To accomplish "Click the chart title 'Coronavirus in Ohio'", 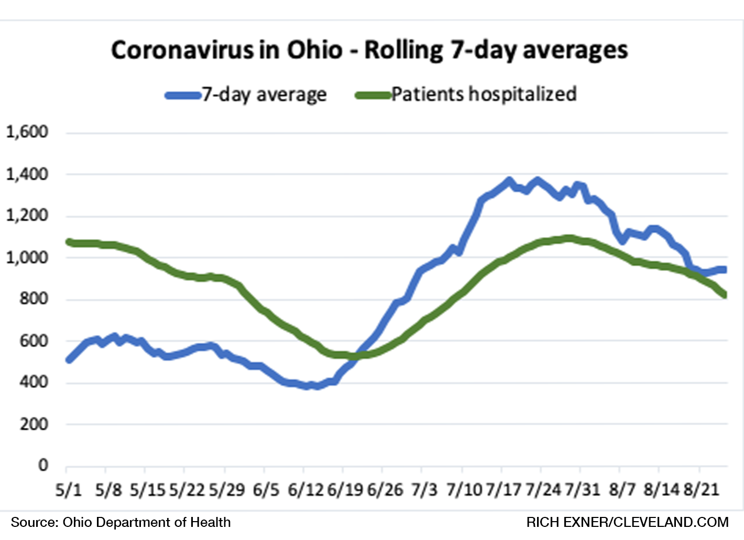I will click(226, 50).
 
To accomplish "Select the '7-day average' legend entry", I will click(264, 95).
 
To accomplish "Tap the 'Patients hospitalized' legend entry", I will click(483, 94).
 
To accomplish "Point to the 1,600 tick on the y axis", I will click(27, 132).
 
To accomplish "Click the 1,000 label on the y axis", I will click(27, 257).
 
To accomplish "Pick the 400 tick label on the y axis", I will click(34, 382).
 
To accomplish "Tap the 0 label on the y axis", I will click(43, 465).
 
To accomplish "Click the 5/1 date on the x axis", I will click(69, 490).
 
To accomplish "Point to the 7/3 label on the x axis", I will click(424, 490).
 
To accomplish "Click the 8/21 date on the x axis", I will click(701, 490).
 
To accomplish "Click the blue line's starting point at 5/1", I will click(69, 360).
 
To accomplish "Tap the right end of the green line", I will click(725, 295).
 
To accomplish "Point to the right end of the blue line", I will click(724, 269).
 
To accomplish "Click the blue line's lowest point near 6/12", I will click(309, 386).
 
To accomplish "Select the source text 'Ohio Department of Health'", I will click(147, 522).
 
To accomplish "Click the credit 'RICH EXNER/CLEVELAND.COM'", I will click(627, 522).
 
